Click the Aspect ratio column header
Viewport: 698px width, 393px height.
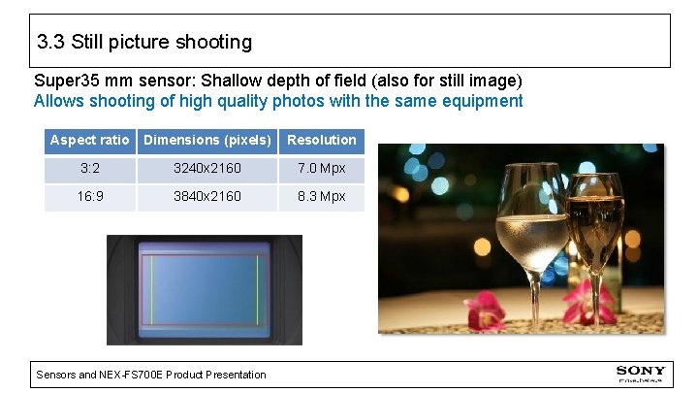(89, 141)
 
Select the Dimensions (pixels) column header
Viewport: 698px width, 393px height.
(207, 141)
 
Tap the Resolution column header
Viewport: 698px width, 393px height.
(322, 141)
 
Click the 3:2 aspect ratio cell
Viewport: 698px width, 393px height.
(89, 169)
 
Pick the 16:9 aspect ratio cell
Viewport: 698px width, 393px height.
(89, 197)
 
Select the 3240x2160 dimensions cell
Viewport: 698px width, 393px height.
(207, 169)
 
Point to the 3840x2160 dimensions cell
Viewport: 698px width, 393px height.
(207, 197)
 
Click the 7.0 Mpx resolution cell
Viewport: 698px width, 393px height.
(322, 169)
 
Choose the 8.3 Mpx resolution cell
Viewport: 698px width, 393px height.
(322, 197)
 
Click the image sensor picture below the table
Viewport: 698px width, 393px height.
(204, 289)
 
